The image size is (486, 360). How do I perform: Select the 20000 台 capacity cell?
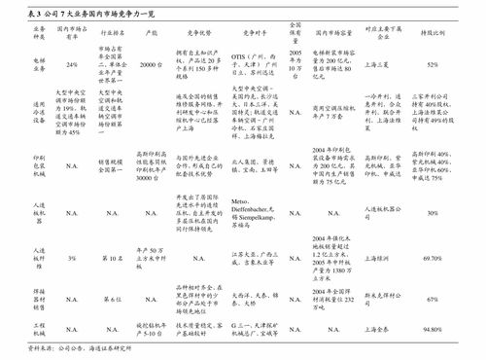(150, 64)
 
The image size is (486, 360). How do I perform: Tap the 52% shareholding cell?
(433, 64)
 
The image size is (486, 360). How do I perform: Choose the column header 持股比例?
(433, 33)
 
